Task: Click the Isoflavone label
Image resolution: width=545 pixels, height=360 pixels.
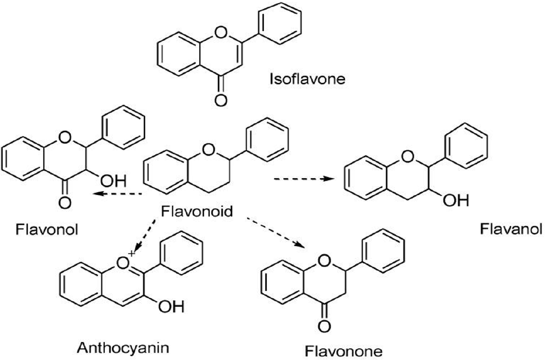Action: [308, 79]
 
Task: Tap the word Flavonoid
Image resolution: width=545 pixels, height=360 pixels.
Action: [197, 211]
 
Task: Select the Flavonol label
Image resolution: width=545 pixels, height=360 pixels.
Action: [47, 229]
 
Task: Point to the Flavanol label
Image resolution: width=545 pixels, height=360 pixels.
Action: [511, 229]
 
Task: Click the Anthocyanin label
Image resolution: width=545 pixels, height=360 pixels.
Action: [123, 348]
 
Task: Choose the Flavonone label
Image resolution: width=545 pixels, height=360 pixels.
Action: [343, 351]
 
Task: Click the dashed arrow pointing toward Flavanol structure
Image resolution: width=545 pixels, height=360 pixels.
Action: [304, 179]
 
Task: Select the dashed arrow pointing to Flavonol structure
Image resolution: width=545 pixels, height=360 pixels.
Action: [117, 194]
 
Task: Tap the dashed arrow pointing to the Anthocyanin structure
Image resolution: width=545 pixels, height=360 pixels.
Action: [145, 236]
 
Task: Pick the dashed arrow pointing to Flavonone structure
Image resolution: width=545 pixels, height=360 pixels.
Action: [276, 232]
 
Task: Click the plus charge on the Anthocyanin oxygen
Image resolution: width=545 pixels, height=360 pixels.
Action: [131, 253]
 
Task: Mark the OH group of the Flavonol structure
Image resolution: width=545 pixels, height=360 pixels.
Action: [113, 180]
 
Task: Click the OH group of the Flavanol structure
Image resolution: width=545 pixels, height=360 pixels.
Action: [456, 200]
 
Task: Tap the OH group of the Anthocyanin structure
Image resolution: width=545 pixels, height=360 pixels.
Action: [171, 307]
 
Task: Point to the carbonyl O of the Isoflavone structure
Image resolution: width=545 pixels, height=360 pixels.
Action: [221, 100]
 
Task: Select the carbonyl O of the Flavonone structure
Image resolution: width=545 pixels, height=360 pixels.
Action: [324, 326]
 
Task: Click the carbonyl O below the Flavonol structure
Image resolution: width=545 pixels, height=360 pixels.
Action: [65, 202]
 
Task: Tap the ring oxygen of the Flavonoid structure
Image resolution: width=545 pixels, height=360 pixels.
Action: [209, 149]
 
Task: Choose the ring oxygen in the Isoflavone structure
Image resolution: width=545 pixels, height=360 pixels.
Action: [221, 32]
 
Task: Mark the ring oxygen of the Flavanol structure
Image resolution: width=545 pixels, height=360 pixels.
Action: [408, 156]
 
